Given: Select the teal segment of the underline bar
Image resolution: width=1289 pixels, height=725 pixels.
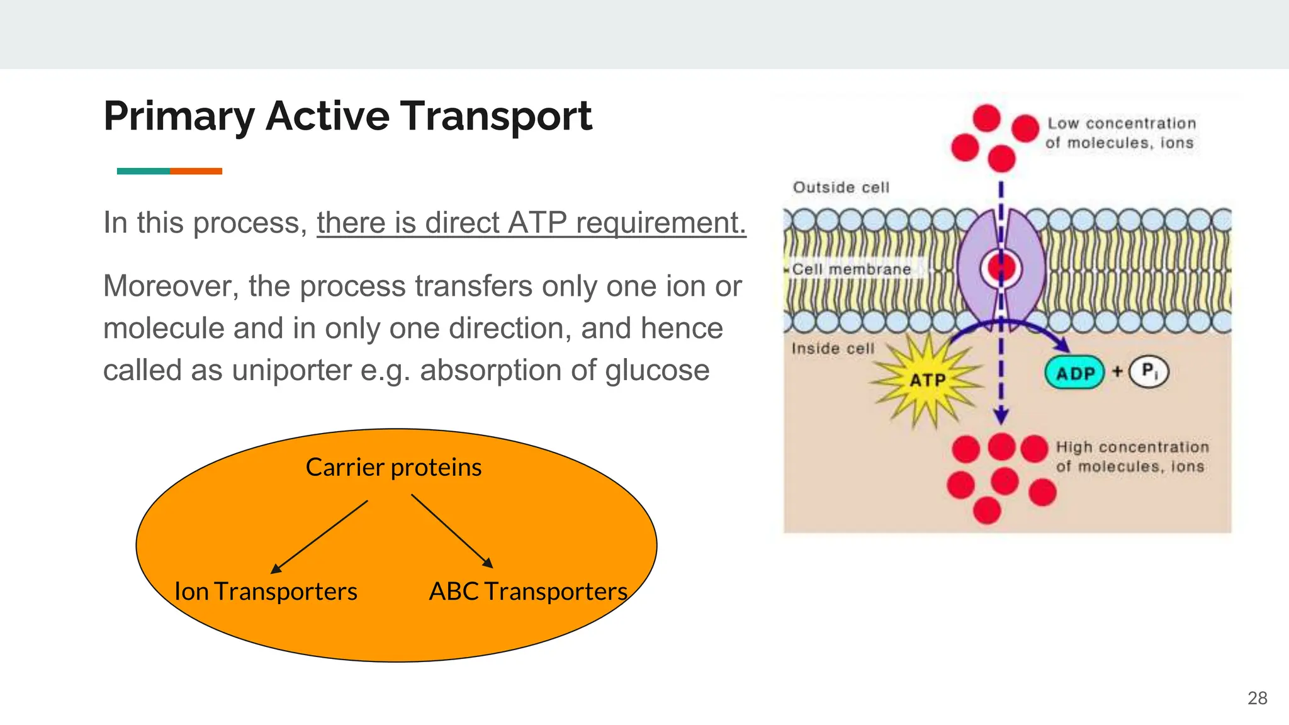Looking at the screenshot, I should (x=143, y=171).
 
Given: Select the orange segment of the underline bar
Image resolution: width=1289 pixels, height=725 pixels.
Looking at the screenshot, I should (x=196, y=171).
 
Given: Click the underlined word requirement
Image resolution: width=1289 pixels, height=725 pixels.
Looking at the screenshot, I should (x=660, y=223).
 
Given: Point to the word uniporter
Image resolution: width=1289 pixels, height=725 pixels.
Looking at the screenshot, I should (x=291, y=370).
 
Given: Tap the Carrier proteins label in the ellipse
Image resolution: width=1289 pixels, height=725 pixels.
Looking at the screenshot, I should (x=393, y=468).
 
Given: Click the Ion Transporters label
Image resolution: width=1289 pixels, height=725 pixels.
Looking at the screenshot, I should (x=266, y=592).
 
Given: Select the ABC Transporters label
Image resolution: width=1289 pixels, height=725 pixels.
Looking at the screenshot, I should (x=528, y=592).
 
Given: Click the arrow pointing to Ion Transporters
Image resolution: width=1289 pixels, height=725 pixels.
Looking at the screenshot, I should (x=319, y=537).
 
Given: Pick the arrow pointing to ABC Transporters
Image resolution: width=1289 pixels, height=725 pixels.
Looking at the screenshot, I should (x=452, y=531).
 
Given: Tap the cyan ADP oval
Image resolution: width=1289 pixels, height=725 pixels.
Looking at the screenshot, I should (x=1074, y=373).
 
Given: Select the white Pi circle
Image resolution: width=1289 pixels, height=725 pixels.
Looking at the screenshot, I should (x=1149, y=371).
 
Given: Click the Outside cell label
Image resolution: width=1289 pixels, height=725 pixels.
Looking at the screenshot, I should (x=841, y=188).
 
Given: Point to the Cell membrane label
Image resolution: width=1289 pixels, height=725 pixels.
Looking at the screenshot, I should (x=851, y=269).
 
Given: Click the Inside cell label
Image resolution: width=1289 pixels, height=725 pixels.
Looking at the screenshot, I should (x=833, y=349).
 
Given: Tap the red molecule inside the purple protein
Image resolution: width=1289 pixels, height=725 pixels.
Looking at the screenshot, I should (x=1001, y=268).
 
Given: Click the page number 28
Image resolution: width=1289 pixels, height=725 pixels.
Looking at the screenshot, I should (x=1257, y=698).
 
